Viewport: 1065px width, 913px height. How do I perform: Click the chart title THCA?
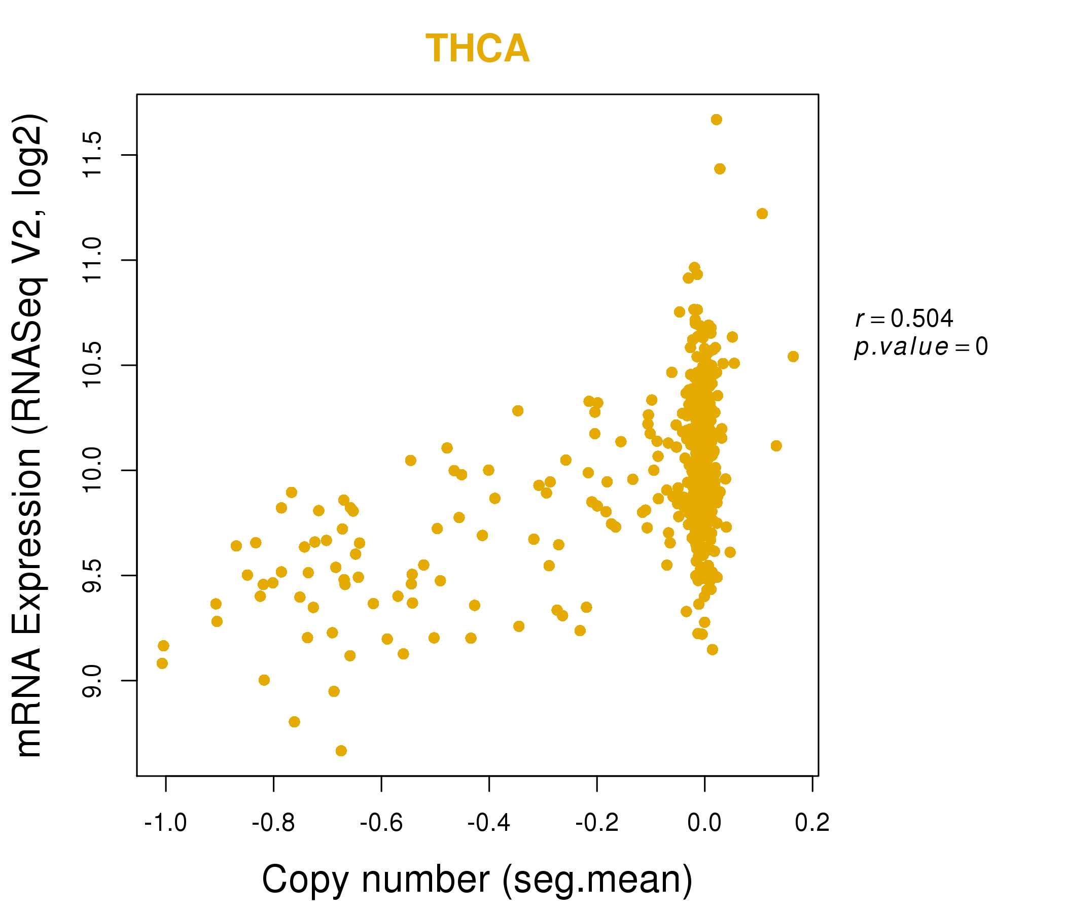[477, 49]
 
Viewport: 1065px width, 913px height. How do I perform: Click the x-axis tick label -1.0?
[165, 823]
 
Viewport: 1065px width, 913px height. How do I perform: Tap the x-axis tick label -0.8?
[273, 823]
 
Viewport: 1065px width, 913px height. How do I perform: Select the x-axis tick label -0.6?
[381, 823]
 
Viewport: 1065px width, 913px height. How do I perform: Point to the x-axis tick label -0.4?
[488, 823]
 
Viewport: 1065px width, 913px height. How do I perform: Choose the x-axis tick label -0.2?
[596, 823]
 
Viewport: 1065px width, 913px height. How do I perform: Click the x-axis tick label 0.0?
[704, 823]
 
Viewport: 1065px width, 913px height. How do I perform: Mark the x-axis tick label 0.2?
[812, 823]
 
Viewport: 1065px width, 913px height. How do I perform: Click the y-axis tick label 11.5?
[92, 155]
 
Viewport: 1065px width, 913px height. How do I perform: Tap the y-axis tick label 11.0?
[92, 260]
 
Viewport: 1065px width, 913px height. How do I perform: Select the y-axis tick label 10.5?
[92, 365]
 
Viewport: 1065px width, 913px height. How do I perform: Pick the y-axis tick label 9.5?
[92, 575]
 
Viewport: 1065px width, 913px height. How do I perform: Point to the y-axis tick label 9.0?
[92, 681]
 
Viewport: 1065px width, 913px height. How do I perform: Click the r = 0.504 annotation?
[904, 319]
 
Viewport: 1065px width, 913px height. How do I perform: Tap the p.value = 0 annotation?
[920, 347]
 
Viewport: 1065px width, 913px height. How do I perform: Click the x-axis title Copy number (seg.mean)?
[477, 880]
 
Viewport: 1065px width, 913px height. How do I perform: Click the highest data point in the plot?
[716, 120]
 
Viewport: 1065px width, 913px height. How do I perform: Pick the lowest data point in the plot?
[341, 751]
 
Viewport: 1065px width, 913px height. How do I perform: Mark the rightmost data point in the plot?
[793, 357]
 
